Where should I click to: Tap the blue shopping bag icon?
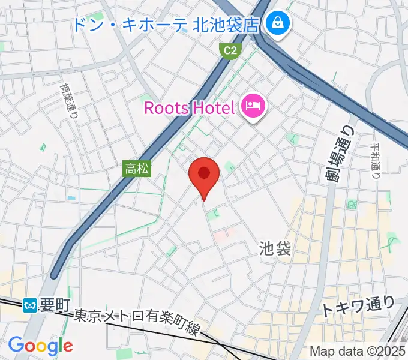278,24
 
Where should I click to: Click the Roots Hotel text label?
188,109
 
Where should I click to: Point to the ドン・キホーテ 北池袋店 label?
165,25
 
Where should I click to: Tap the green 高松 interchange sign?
137,169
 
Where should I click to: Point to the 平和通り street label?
375,161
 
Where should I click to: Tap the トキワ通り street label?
358,307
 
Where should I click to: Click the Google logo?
40,345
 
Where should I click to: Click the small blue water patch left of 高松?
72,197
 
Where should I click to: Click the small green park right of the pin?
229,166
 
